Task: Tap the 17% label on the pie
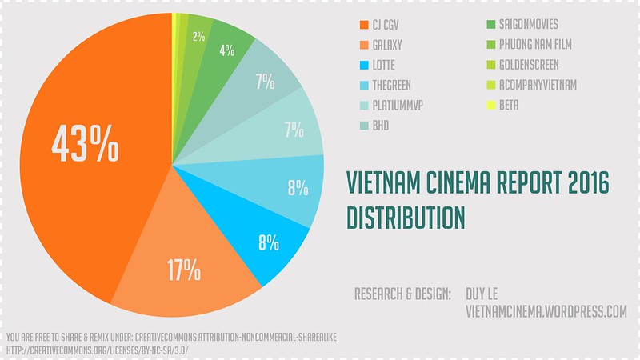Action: click(183, 270)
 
